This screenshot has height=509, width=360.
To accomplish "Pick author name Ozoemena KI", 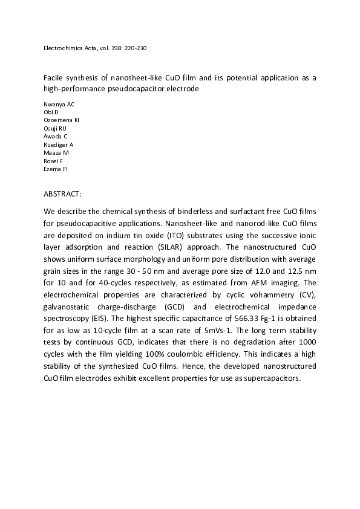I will coord(62,120).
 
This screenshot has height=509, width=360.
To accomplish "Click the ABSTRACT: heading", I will coord(63,196).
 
